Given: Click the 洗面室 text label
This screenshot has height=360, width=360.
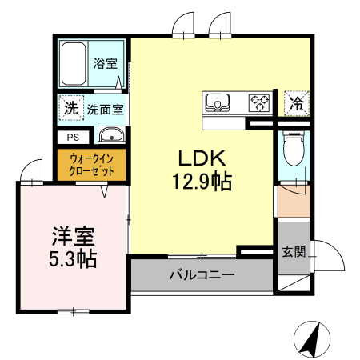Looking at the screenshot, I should [x=104, y=107].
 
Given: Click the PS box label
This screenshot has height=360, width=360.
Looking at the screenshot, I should [x=73, y=136].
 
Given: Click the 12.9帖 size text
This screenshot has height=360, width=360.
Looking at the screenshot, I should [x=201, y=182].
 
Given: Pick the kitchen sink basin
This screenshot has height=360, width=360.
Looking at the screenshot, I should [x=218, y=102].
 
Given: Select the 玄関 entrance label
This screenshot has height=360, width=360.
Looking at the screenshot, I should [x=293, y=251].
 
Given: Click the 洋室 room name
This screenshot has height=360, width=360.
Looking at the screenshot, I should [x=74, y=236].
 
